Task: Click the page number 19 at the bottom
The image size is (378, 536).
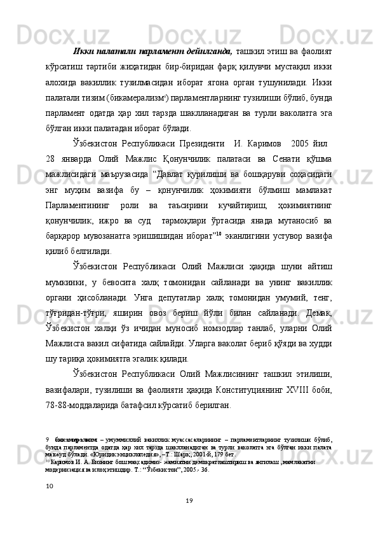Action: [189, 520]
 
